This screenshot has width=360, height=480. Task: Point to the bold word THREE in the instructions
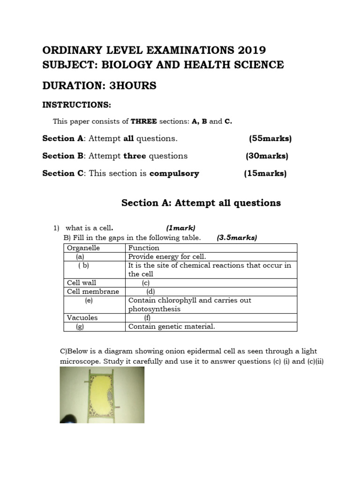(143, 121)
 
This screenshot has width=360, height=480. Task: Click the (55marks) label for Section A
(270, 138)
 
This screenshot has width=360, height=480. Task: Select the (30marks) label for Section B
(267, 156)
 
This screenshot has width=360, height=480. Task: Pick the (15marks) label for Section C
(265, 173)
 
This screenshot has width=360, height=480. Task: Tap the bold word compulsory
(174, 173)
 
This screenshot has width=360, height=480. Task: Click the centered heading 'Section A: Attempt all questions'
(201, 202)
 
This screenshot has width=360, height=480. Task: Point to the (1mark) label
(180, 228)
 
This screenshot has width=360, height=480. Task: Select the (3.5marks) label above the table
(237, 238)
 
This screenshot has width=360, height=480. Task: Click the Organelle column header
(83, 248)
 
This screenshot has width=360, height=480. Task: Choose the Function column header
(144, 248)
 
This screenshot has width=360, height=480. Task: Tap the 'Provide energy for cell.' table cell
(167, 256)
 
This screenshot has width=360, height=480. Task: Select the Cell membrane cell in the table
(93, 292)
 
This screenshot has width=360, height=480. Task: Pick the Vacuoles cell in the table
(82, 318)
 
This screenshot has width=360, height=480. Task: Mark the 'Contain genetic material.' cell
(172, 327)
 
